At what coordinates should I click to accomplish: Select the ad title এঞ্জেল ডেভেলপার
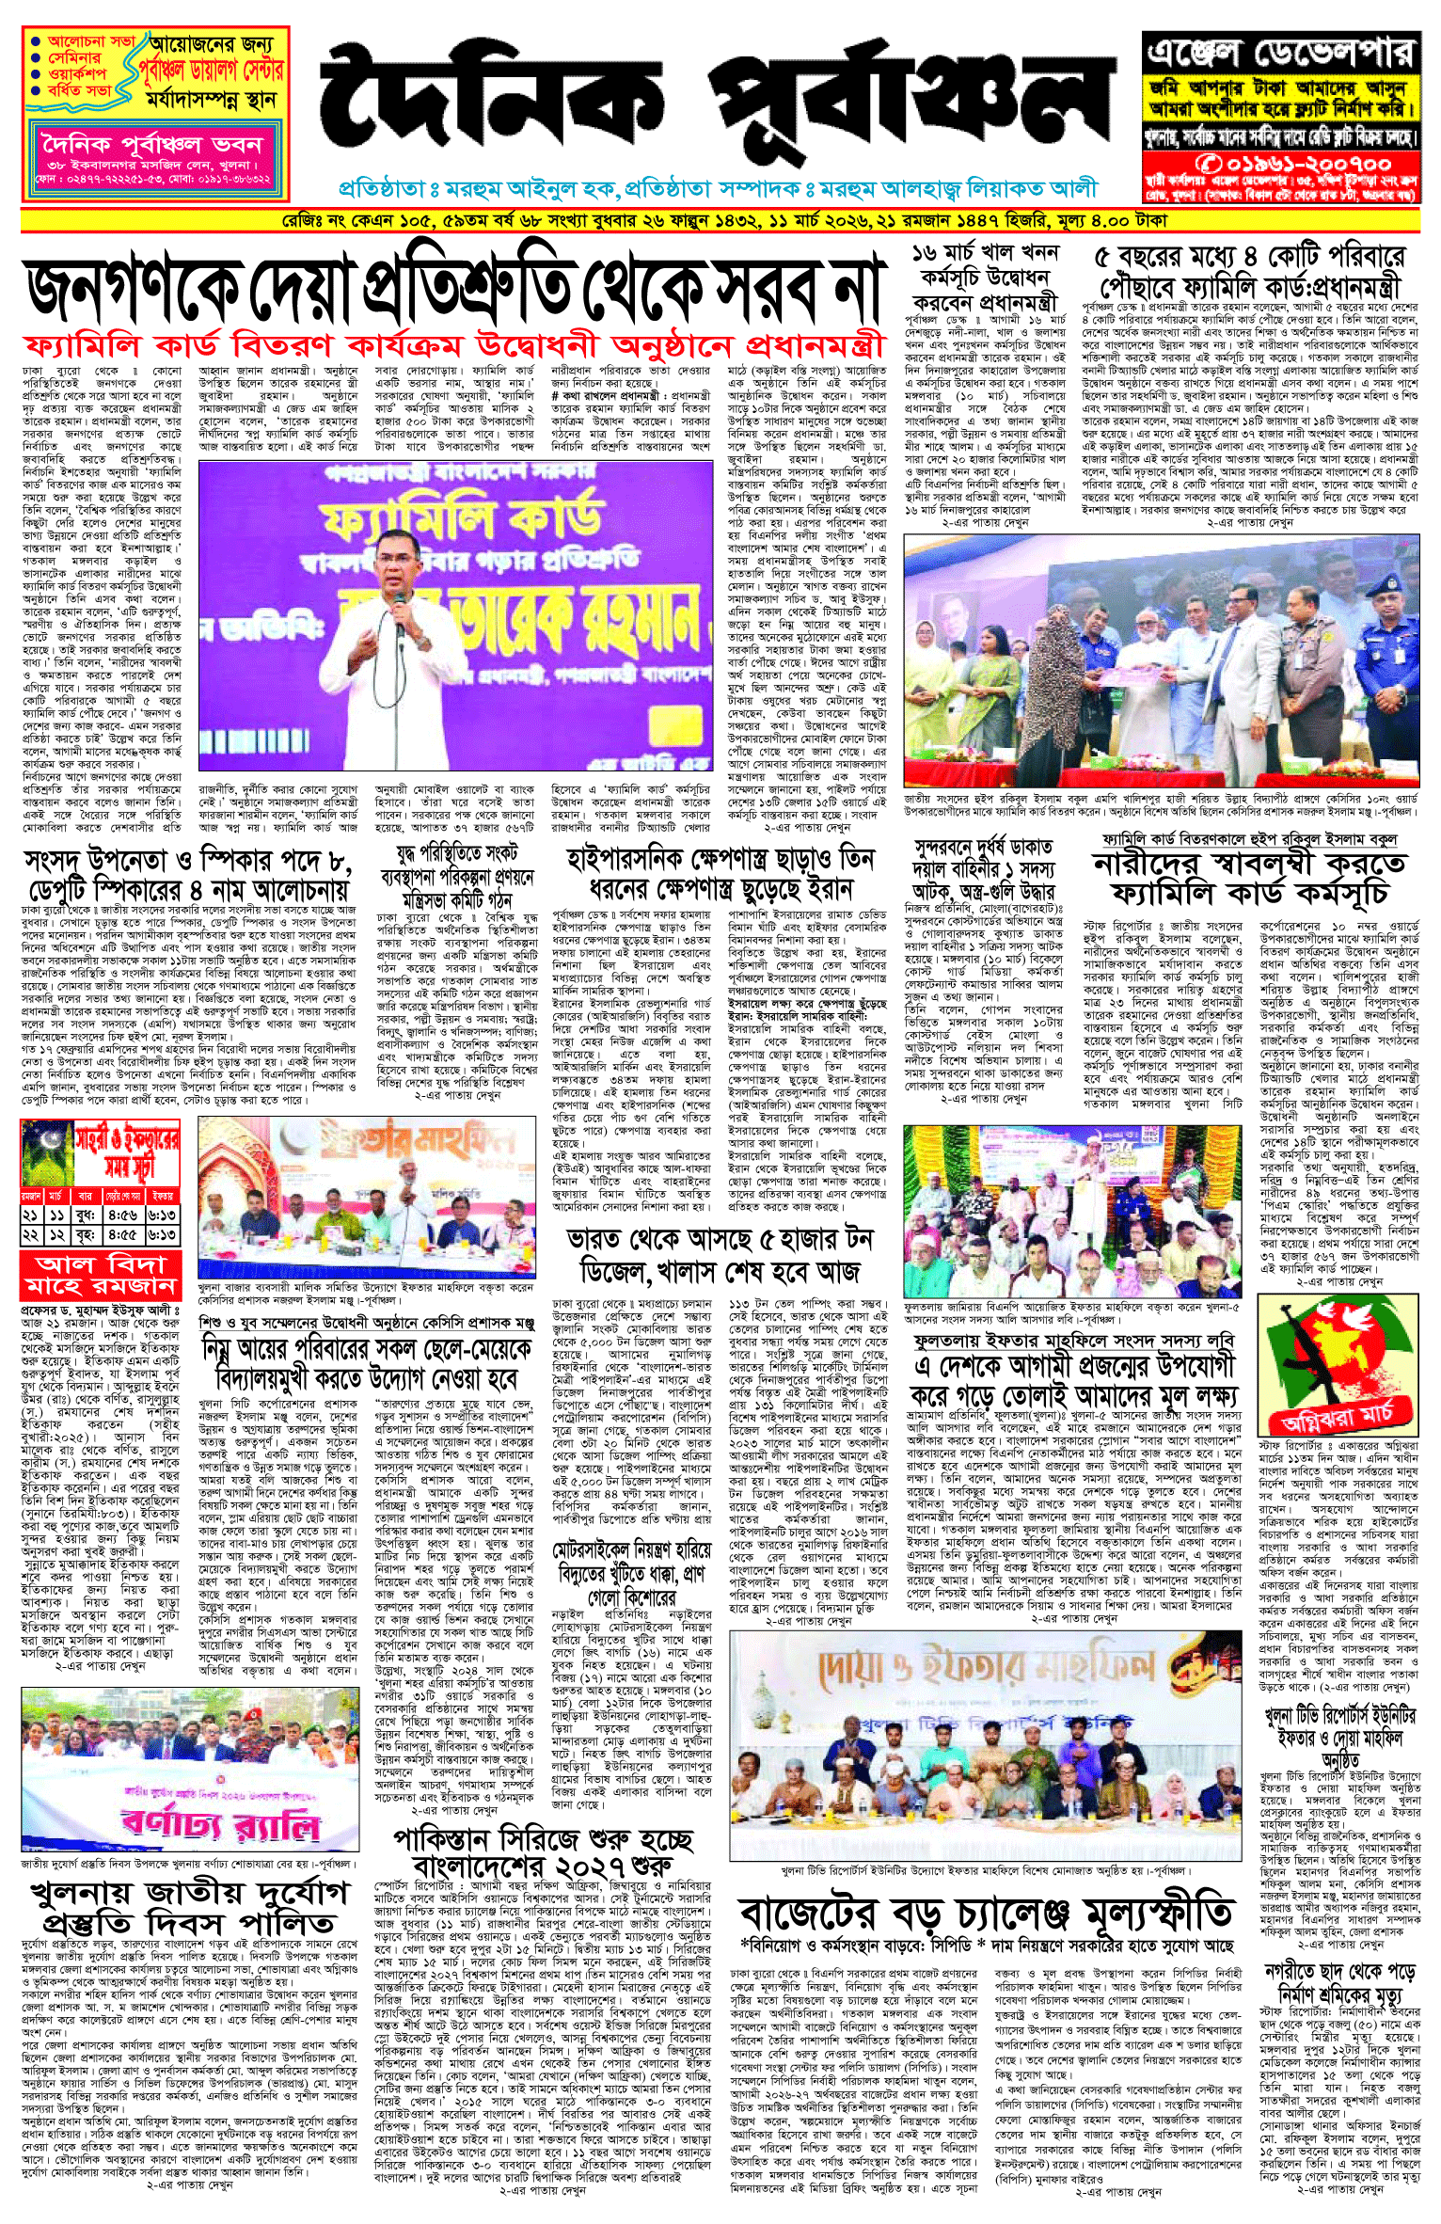[1279, 53]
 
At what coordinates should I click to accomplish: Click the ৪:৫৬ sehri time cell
[122, 1215]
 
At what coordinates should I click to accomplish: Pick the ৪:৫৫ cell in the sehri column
[122, 1234]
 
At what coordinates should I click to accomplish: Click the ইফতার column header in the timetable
[163, 1196]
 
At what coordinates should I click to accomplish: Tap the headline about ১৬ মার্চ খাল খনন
[986, 278]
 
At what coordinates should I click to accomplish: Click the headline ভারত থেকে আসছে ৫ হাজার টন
[720, 1255]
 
